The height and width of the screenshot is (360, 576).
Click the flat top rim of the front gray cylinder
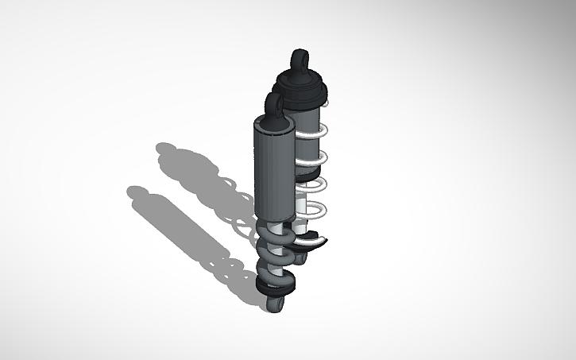pos(270,124)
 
